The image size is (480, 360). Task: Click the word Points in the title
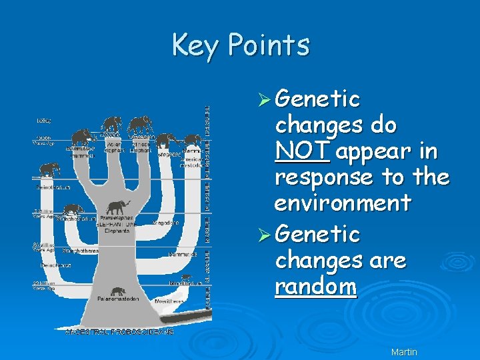coord(269,45)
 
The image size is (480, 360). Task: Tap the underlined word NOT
coord(301,151)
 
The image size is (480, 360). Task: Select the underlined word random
coord(315,287)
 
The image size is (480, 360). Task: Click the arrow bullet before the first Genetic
coord(265,100)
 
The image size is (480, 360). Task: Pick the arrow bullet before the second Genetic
coord(265,235)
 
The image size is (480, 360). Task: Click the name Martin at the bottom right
coord(404,351)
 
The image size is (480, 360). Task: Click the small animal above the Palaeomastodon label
coord(118,291)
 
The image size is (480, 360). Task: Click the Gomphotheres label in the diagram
coord(80,251)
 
